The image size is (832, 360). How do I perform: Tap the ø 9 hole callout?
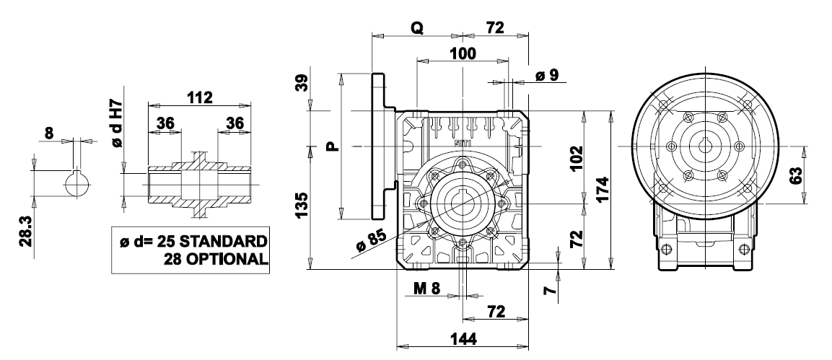pos(551,75)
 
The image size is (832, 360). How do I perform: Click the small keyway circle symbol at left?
pos(76,184)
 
